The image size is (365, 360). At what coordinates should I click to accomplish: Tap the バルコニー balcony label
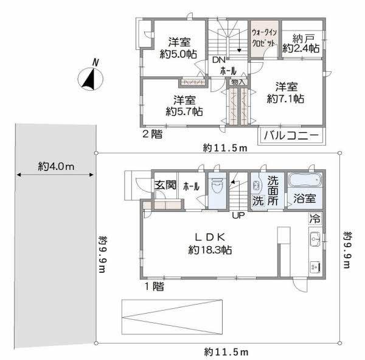[290, 136]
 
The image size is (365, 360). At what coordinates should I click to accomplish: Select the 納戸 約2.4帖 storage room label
[301, 43]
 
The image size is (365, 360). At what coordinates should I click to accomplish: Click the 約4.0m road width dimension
[55, 166]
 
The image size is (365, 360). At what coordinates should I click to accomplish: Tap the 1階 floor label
[153, 285]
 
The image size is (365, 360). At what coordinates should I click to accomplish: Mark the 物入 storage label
[238, 82]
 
